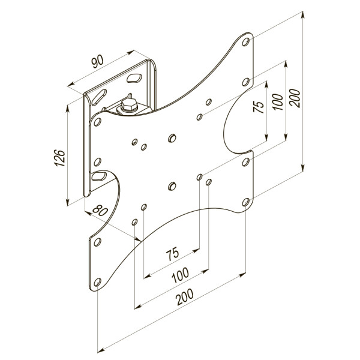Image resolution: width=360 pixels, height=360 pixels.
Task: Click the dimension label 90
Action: click(97, 62)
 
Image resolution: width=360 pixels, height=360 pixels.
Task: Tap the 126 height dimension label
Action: click(59, 158)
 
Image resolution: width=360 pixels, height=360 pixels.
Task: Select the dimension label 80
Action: click(100, 210)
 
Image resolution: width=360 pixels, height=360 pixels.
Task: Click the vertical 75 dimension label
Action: click(259, 107)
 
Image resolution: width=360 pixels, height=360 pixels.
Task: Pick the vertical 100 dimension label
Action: click(278, 102)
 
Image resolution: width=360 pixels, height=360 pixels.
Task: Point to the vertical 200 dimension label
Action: click(295, 98)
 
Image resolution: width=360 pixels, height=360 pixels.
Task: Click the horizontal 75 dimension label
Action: click(172, 254)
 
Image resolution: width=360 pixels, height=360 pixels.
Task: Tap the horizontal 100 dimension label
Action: click(181, 275)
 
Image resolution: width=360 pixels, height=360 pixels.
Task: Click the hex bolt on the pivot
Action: click(129, 106)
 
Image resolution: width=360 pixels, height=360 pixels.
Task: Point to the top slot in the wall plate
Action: click(134, 78)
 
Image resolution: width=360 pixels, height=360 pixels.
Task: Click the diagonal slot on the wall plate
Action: click(99, 97)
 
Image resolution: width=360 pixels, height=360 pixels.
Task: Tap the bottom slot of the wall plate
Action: click(99, 176)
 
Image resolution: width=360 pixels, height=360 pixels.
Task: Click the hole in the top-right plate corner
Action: click(245, 42)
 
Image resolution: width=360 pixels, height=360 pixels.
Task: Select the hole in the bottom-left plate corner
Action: click(97, 282)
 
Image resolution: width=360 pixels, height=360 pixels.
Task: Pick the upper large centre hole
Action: click(172, 138)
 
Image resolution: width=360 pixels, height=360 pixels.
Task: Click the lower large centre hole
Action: click(172, 186)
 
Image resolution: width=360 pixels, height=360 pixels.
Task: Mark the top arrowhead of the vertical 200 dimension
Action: click(303, 14)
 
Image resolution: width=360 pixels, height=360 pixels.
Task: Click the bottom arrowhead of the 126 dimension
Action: click(67, 202)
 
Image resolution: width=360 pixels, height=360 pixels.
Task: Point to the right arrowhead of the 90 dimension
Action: click(131, 52)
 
